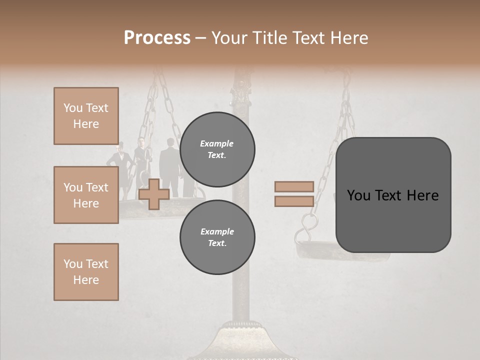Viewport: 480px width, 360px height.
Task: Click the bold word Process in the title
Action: [157, 38]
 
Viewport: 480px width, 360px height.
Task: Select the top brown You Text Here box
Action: [86, 116]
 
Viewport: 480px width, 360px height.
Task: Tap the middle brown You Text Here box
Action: [86, 195]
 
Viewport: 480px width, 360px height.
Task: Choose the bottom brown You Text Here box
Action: [86, 272]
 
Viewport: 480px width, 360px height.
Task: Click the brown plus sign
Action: [154, 194]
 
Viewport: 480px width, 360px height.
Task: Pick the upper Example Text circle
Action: [217, 149]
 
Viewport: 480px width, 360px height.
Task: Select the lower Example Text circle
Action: [217, 237]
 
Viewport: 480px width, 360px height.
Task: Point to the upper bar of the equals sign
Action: [294, 186]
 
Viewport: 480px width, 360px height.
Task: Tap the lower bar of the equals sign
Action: [294, 201]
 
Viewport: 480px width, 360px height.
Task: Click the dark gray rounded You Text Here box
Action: [393, 195]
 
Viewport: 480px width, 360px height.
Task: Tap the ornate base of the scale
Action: [242, 340]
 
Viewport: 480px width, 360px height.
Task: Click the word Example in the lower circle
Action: [217, 231]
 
